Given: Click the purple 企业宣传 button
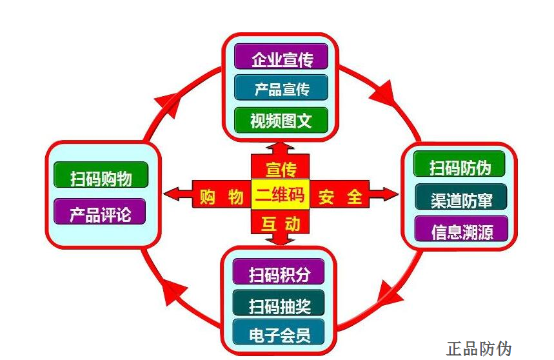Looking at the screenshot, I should tap(281, 57).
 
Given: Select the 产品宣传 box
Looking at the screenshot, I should tap(281, 88).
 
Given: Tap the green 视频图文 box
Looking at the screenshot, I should tap(281, 120).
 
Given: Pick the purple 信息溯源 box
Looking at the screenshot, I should tap(460, 230).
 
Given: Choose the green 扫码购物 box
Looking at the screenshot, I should tap(101, 175).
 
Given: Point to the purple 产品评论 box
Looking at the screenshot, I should tap(100, 212).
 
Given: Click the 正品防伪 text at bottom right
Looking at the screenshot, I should tap(479, 349).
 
